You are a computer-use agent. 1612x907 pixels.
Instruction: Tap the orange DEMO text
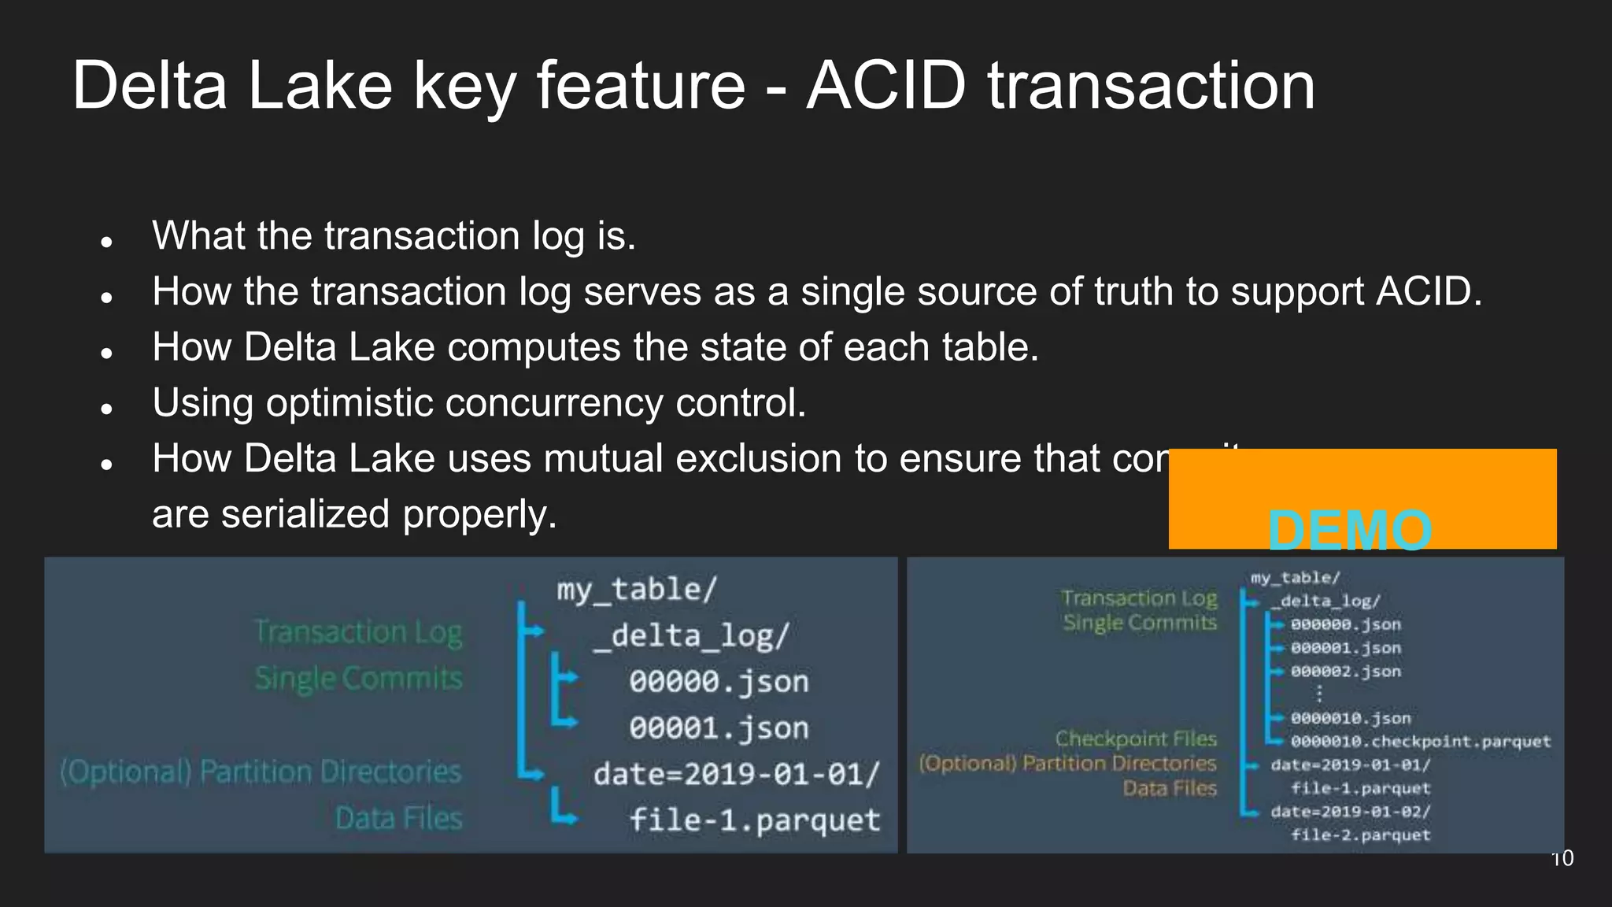[1349, 530]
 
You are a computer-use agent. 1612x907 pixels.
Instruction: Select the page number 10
[1562, 858]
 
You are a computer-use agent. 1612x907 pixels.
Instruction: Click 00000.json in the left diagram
[719, 682]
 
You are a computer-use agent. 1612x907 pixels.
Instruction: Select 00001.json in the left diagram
[719, 728]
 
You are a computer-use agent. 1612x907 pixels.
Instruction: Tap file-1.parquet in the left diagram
[754, 820]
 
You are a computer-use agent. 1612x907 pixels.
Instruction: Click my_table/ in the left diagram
[637, 590]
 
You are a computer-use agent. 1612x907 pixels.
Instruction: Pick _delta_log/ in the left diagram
[690, 635]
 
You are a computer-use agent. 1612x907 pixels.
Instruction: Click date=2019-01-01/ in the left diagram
[736, 775]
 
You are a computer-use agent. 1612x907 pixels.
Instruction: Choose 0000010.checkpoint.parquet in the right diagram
[1420, 742]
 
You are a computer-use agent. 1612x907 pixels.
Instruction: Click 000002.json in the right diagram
[1345, 672]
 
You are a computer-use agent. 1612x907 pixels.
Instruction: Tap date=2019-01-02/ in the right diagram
[1350, 812]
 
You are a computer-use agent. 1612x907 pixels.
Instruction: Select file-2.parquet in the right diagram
[1360, 835]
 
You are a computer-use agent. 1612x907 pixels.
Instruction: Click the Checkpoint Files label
[1136, 739]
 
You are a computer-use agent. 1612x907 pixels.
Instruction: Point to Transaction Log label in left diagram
[359, 632]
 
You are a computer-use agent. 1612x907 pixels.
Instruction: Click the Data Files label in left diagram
[398, 819]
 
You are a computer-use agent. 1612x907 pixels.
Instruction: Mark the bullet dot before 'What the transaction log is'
[108, 242]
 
